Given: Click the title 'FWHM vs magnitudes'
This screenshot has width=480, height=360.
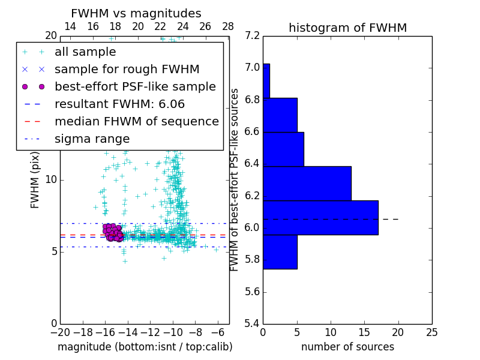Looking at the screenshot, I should pyautogui.click(x=136, y=14).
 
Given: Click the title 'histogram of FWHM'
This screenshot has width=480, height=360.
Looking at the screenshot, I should pyautogui.click(x=347, y=28).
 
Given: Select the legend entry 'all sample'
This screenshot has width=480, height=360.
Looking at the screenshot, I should pyautogui.click(x=85, y=52).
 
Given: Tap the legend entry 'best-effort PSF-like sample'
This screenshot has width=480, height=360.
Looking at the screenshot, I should pyautogui.click(x=135, y=87).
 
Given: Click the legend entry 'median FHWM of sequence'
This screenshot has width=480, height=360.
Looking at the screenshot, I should pyautogui.click(x=136, y=122).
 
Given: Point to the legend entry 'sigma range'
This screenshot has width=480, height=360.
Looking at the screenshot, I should pyautogui.click(x=92, y=139).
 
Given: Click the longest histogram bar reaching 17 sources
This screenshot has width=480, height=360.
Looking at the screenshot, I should pyautogui.click(x=320, y=217).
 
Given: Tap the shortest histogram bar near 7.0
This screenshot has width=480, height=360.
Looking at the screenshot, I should pyautogui.click(x=266, y=80).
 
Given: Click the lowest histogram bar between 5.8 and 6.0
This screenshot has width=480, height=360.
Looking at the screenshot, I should pyautogui.click(x=280, y=251).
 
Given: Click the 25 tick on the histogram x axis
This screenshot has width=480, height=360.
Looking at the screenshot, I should pyautogui.click(x=431, y=332).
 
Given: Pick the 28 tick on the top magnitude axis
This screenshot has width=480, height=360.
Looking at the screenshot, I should pyautogui.click(x=228, y=26).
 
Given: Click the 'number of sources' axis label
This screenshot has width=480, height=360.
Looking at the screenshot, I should pyautogui.click(x=347, y=347).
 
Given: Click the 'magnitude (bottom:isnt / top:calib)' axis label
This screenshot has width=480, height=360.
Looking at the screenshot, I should pyautogui.click(x=145, y=347).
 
